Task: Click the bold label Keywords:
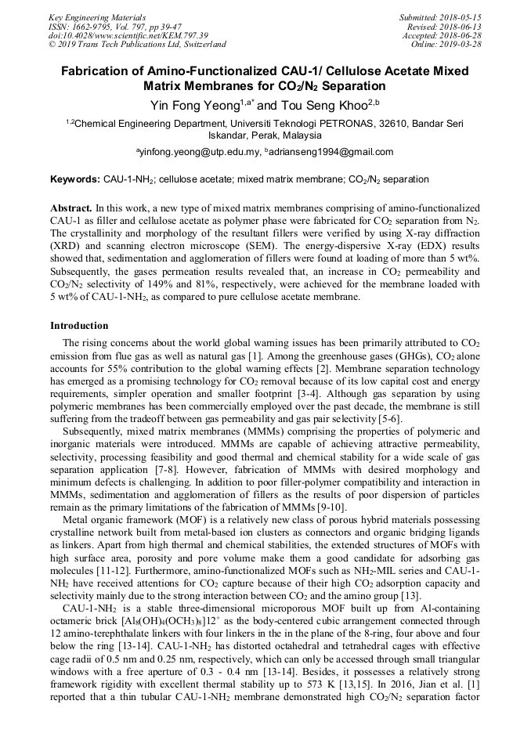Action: pyautogui.click(x=75, y=179)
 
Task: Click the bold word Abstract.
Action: pyautogui.click(x=70, y=208)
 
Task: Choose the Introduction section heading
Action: pyautogui.click(x=79, y=325)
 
